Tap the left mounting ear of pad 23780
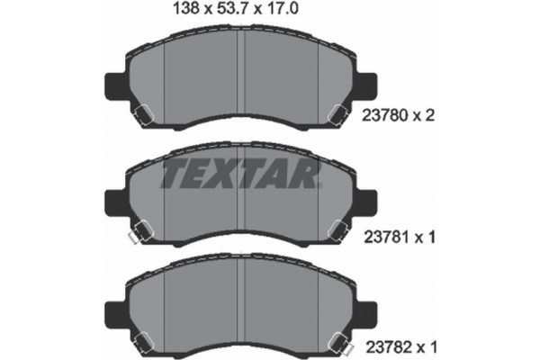pyautogui.click(x=115, y=88)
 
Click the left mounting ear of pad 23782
pyautogui.click(x=115, y=316)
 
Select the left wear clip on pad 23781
pyautogui.click(x=131, y=235)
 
